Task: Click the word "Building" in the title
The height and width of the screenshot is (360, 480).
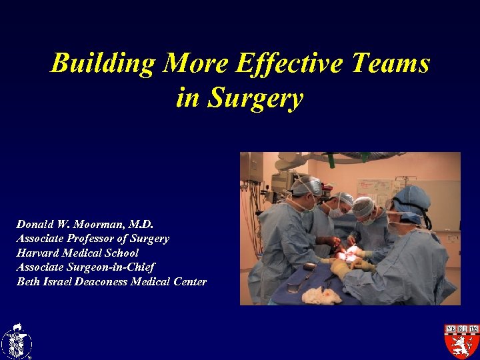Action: click(x=103, y=64)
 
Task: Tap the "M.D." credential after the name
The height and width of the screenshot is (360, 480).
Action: click(x=141, y=225)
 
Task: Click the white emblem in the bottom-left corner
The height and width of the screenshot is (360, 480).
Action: click(x=16, y=341)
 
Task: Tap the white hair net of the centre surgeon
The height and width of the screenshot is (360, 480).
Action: click(x=363, y=206)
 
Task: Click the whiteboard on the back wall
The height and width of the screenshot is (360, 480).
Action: click(x=374, y=191)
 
